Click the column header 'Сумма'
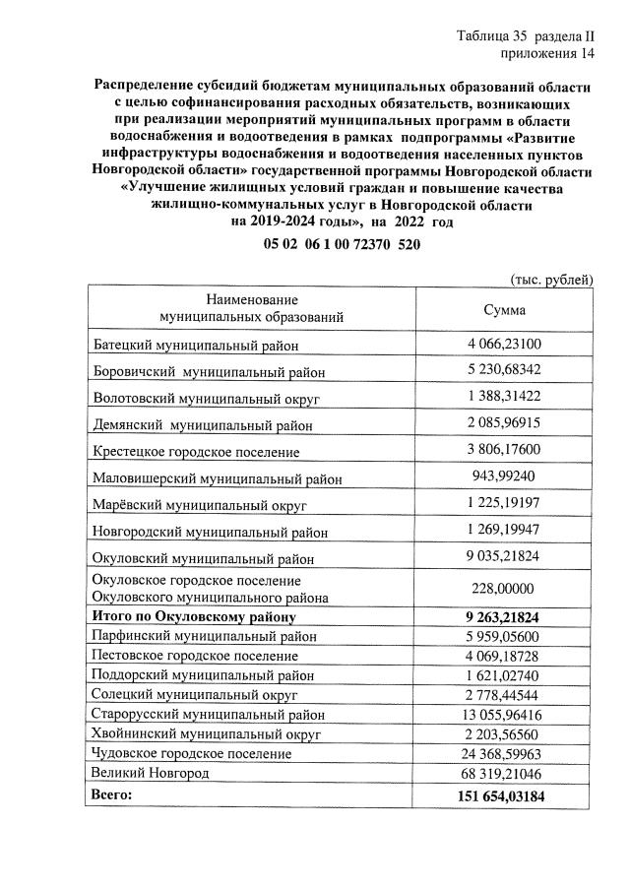click(504, 309)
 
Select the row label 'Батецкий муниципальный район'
click(195, 346)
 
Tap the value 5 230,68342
click(505, 371)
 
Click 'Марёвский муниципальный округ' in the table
click(200, 506)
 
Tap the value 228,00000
click(505, 588)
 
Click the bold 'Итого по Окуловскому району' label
click(194, 617)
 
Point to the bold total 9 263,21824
click(505, 617)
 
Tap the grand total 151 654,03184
click(505, 794)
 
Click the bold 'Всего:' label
click(110, 793)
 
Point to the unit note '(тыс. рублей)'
click(552, 280)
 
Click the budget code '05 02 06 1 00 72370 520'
click(342, 244)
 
